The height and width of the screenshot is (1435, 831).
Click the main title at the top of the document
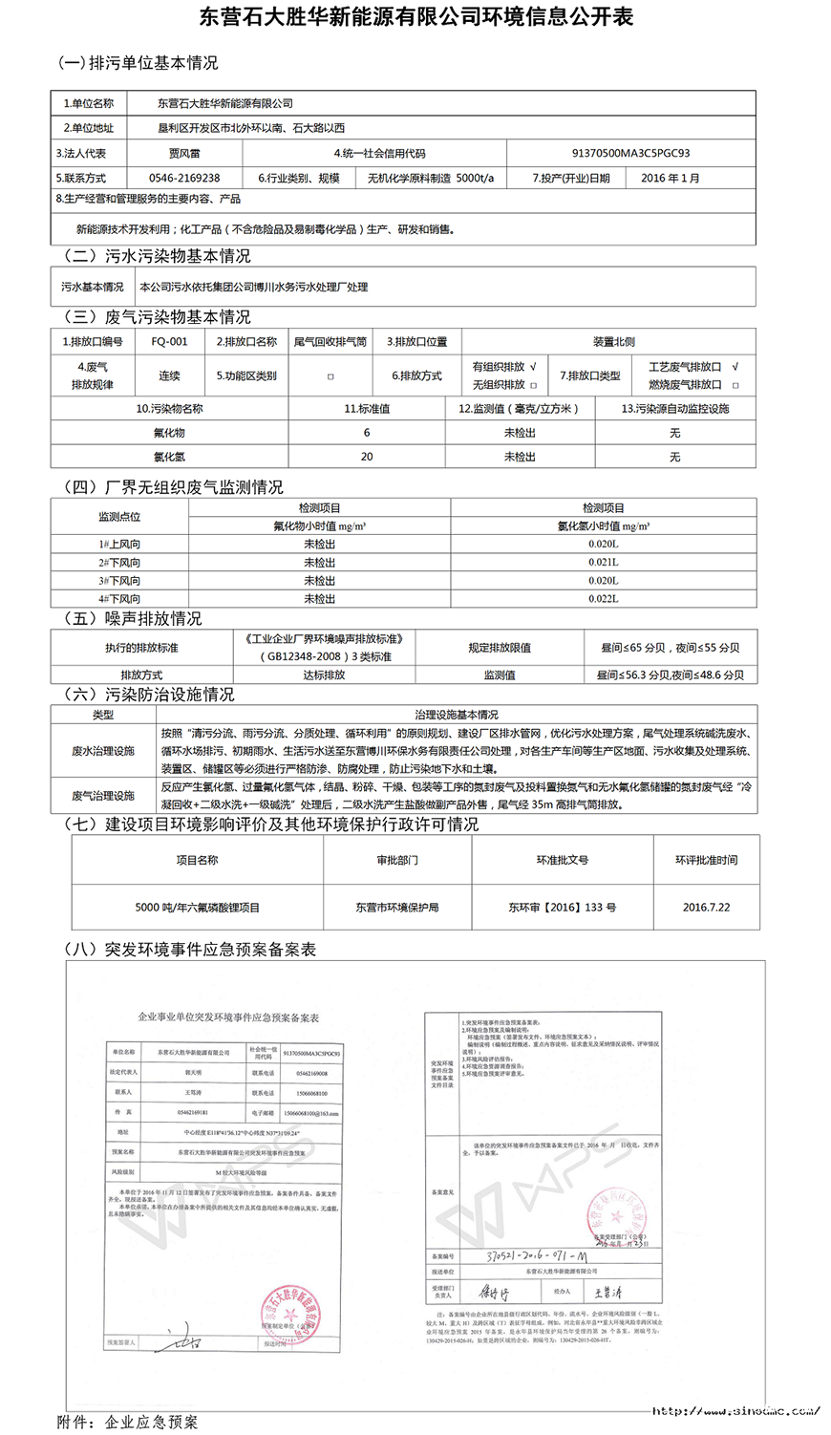(415, 18)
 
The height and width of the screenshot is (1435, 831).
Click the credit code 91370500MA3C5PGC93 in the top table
(630, 153)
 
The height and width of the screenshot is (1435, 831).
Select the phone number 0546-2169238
(184, 178)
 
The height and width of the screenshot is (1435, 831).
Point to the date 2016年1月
(670, 178)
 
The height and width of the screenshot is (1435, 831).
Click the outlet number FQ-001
(169, 341)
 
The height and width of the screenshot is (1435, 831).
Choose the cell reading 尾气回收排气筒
(330, 341)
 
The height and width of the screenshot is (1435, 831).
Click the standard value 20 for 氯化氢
(367, 457)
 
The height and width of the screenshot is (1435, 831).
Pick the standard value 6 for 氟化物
(367, 433)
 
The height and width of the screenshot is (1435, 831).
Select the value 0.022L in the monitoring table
(603, 599)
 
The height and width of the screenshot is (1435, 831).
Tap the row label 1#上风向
(119, 545)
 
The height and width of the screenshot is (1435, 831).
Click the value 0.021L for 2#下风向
(603, 563)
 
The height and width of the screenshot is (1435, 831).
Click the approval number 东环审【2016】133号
(562, 907)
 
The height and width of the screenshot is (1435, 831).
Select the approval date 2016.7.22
(706, 907)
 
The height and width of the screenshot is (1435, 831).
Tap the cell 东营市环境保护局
(396, 907)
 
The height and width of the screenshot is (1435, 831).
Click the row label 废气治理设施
(103, 795)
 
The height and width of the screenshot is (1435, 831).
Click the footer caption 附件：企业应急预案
(128, 1422)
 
